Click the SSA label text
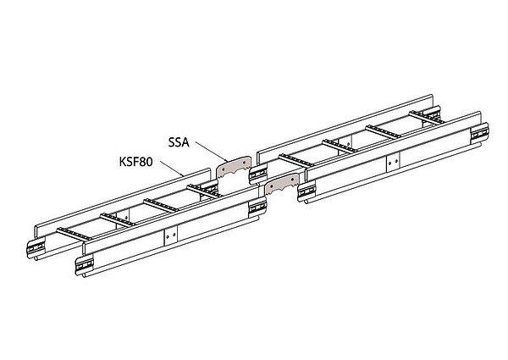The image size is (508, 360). [x=179, y=142]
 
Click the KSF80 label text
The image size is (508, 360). [x=135, y=162]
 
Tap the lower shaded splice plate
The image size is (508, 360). [x=282, y=184]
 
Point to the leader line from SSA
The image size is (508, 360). [x=210, y=152]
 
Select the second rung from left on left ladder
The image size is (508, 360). [x=118, y=220]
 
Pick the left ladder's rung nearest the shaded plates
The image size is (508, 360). [x=204, y=191]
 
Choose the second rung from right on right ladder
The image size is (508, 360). [x=383, y=132]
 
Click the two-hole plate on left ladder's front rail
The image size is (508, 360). [x=171, y=235]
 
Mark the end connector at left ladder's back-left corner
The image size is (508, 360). [x=36, y=248]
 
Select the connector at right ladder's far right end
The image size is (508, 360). [x=480, y=133]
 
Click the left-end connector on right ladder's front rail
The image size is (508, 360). [x=306, y=191]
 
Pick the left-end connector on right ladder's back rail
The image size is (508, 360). [x=258, y=174]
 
